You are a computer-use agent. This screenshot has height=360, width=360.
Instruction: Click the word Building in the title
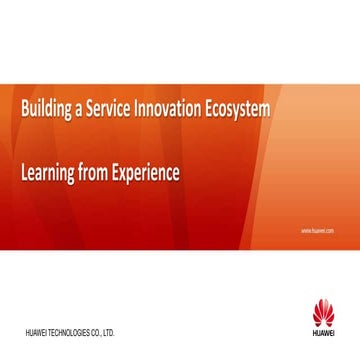41,110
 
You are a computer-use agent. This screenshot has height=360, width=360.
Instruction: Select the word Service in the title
106,110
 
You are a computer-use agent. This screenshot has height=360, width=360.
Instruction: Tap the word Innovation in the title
172,110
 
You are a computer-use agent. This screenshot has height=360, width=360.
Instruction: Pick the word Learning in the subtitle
46,174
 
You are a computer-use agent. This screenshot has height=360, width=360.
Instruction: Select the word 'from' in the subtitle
94,174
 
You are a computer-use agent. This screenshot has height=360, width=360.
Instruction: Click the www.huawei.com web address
316,229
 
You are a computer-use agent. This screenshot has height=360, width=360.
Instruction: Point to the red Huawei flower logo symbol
323,313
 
